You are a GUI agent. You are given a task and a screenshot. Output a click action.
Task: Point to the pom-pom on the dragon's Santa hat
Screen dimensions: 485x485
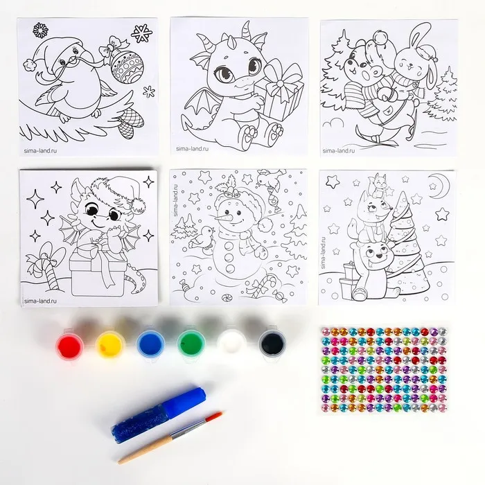pyautogui.click(x=137, y=205)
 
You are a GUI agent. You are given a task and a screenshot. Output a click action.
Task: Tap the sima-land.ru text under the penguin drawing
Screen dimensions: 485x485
pyautogui.click(x=40, y=151)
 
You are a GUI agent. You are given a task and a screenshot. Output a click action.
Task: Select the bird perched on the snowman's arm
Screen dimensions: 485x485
pyautogui.click(x=201, y=238)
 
